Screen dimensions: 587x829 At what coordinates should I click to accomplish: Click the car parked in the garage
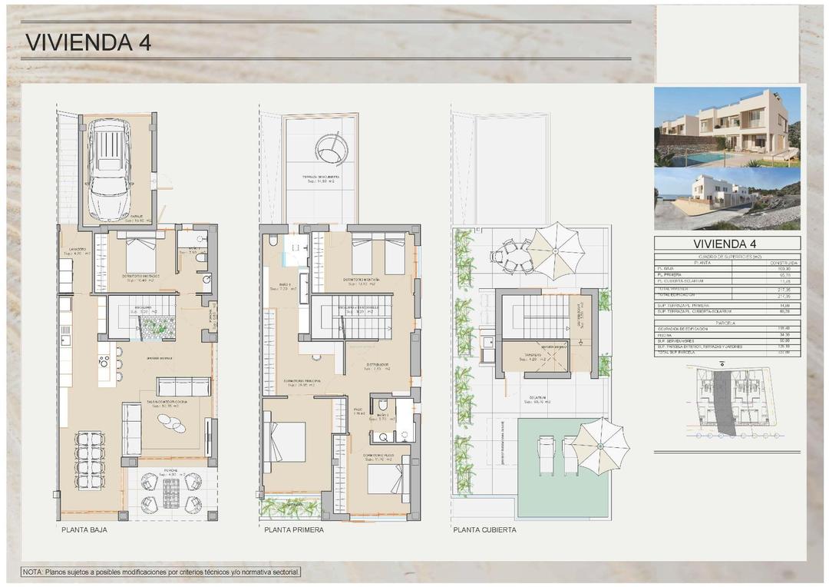pos(113,170)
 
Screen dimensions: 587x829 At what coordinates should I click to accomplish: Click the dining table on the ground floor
pos(90,459)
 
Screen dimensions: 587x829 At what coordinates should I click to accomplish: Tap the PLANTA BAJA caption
pos(84,530)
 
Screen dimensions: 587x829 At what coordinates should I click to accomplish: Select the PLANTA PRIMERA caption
pos(294,530)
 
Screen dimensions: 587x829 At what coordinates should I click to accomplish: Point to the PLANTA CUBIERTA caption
pos(484,530)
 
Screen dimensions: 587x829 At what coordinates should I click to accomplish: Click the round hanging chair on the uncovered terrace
pos(331,148)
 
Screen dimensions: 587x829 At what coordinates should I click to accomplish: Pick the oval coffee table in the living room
pos(171,423)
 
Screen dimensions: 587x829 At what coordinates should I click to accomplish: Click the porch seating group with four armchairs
pos(171,492)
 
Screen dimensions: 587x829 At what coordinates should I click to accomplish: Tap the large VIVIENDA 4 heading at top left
pos(88,42)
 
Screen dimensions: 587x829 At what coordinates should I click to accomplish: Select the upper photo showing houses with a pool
pos(726,127)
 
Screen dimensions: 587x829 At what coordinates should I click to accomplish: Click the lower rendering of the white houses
pos(726,199)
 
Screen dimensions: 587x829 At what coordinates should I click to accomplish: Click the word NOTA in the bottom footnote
pos(33,572)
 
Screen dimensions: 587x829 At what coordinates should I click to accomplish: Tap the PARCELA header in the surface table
pos(726,323)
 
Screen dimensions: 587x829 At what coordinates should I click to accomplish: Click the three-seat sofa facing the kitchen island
pos(183,386)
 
